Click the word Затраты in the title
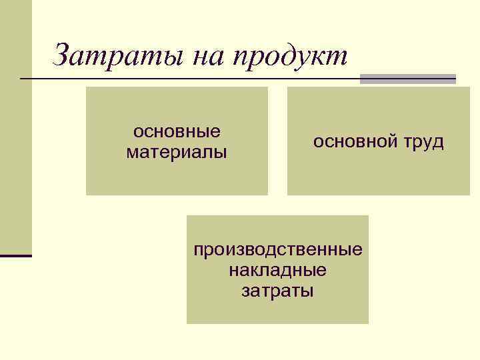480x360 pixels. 117,55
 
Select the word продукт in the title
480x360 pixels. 290,57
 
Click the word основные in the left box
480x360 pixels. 177,131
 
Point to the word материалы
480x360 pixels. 177,153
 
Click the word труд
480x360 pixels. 422,143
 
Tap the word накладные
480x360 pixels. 277,271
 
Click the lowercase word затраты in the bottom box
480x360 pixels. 277,291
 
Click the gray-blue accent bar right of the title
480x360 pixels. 407,79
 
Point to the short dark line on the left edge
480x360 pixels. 16,255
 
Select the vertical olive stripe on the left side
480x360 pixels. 16,127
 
